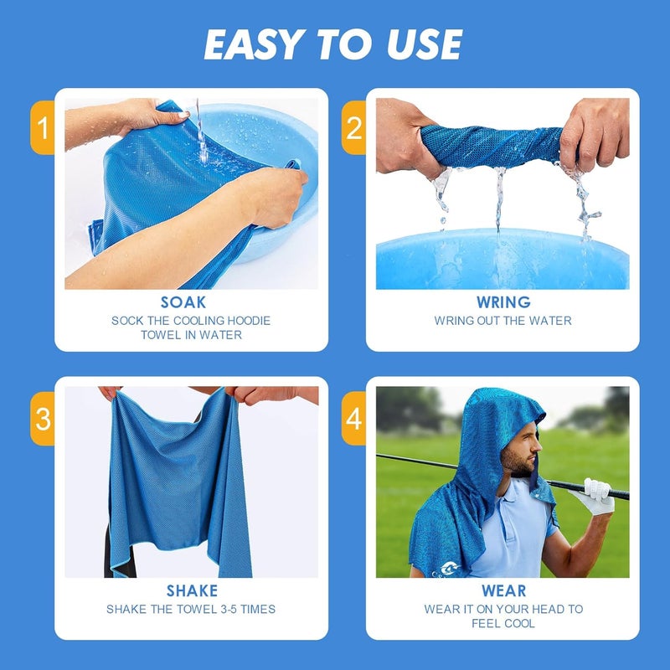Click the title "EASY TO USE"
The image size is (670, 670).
click(x=333, y=44)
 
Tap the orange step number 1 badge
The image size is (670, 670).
click(x=42, y=128)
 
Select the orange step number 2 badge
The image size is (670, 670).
click(x=354, y=128)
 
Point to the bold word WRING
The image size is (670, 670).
click(x=502, y=302)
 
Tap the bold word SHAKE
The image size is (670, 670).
click(x=191, y=591)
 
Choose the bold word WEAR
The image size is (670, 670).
click(x=502, y=591)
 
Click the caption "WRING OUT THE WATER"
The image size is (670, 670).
click(x=502, y=321)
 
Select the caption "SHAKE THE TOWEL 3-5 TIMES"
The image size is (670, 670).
click(x=191, y=610)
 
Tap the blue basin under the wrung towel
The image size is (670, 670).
click(x=502, y=260)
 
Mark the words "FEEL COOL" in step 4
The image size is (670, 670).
click(x=502, y=624)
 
